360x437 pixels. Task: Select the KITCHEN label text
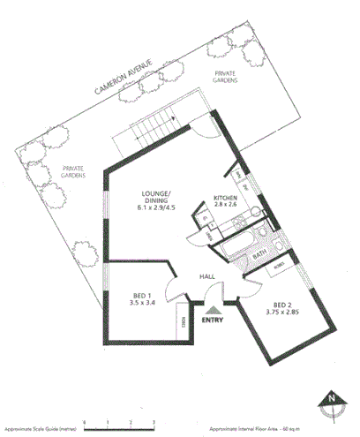point(225,198)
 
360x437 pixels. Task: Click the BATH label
point(260,256)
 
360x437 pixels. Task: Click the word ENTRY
point(213,320)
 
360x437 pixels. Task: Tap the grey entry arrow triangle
point(213,308)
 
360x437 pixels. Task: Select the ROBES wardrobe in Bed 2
point(279,265)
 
